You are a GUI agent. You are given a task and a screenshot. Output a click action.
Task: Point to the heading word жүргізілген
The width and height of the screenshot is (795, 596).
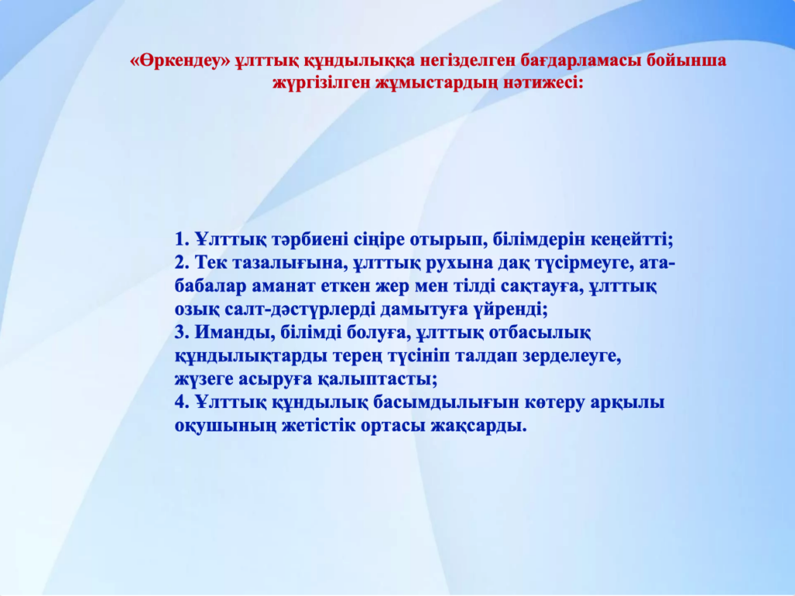[321, 83]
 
